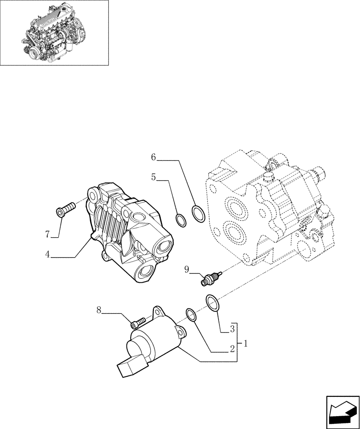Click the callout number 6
pyautogui.click(x=153, y=158)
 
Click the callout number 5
pyautogui.click(x=153, y=177)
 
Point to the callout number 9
pyautogui.click(x=186, y=269)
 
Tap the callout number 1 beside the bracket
pyautogui.click(x=245, y=343)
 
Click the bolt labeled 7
pyautogui.click(x=66, y=209)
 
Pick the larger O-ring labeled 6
pyautogui.click(x=198, y=213)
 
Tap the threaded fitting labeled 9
pyautogui.click(x=210, y=278)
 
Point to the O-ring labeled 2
pyautogui.click(x=192, y=314)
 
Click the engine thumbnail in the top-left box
pyautogui.click(x=54, y=33)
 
